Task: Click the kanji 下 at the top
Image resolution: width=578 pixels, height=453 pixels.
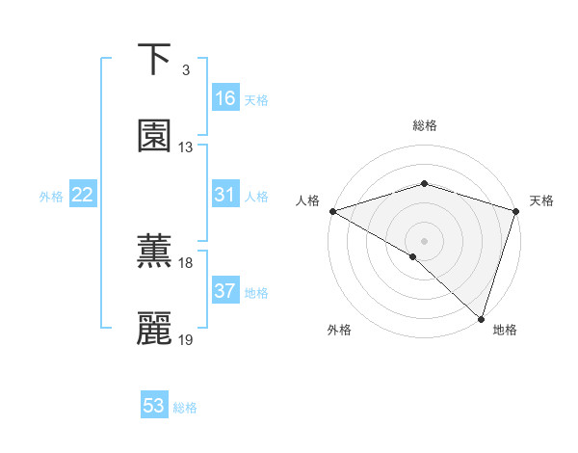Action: pos(154,60)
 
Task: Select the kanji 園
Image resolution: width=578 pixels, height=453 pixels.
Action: pos(154,136)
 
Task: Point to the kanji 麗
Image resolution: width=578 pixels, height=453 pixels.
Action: pos(154,329)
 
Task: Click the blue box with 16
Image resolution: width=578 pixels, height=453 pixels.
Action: pos(225,98)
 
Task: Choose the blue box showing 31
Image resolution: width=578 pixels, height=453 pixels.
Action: pos(225,195)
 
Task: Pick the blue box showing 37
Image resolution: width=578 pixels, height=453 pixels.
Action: pos(225,291)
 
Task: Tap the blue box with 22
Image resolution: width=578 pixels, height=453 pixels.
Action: pos(83,195)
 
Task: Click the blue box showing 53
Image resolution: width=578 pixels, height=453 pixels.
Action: pos(154,406)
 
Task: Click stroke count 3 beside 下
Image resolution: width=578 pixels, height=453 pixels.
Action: pos(185,70)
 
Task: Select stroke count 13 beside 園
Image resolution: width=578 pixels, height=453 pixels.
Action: pos(186,147)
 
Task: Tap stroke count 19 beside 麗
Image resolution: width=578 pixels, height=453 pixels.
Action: pos(186,340)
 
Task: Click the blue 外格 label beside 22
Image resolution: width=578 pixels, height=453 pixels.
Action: pos(51,197)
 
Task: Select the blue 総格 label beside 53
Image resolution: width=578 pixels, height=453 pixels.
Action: pos(185,408)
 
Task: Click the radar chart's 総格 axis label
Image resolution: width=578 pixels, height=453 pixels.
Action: pos(424,125)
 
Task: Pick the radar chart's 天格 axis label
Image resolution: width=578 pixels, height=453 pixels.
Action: pos(541,200)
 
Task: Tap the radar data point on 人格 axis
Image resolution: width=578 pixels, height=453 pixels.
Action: pos(332,210)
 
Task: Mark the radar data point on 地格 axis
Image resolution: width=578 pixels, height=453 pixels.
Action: pos(481,318)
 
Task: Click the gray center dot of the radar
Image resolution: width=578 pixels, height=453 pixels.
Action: pos(424,240)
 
